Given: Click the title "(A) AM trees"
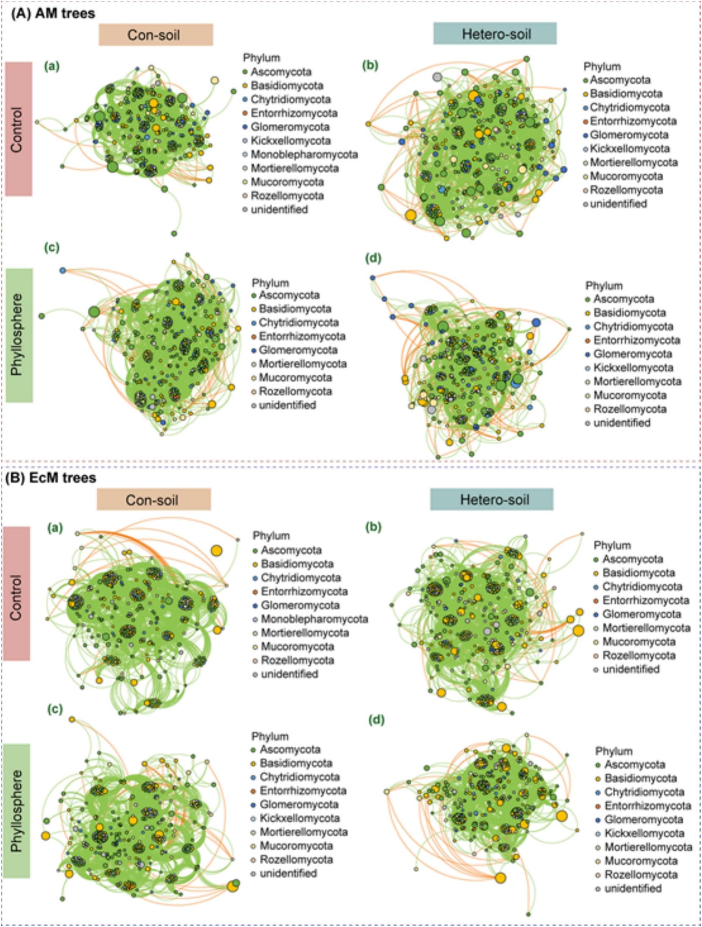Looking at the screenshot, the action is tap(53, 14).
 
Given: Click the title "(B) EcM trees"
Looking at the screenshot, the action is tap(50, 478).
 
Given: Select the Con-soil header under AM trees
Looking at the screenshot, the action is tap(156, 35).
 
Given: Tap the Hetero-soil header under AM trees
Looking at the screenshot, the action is tap(495, 33).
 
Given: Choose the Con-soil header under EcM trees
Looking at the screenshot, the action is tap(154, 500).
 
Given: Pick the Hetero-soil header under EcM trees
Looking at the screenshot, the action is tap(492, 499).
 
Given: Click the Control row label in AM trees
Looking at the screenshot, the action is tap(19, 129).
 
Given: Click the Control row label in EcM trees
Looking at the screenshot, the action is tap(16, 594).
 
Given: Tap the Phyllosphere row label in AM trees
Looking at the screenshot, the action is tap(19, 335).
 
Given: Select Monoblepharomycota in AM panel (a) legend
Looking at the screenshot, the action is tap(304, 155).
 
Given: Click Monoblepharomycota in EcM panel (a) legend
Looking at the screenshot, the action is tap(314, 619).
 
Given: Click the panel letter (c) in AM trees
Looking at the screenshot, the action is tap(52, 248).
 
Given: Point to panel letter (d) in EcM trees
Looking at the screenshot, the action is tap(376, 719).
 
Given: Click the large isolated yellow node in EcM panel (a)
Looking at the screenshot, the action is tap(217, 551).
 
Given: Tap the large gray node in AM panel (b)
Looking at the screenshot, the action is tap(437, 77).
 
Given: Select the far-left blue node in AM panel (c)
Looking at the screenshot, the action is tap(63, 270).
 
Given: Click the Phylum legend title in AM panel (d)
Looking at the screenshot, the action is tap(604, 286).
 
